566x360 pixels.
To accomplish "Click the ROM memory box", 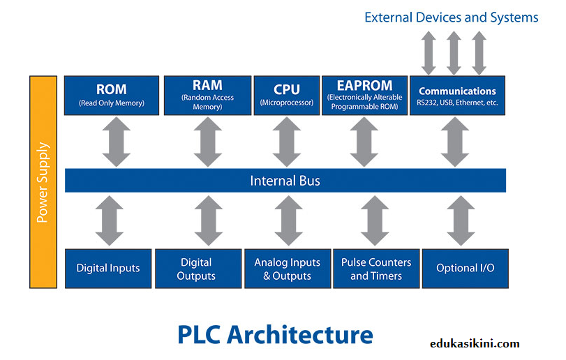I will (111, 96).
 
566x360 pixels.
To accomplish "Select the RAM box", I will (207, 96).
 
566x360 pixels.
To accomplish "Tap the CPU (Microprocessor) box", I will (287, 96).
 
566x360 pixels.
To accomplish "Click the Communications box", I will (457, 96).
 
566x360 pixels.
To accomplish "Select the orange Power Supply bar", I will (43, 182).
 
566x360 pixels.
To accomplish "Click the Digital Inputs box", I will (108, 268).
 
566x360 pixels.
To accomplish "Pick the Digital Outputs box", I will (196, 268).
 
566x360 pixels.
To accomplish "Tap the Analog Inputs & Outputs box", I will (287, 268).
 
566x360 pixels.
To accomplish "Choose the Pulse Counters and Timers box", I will (376, 268).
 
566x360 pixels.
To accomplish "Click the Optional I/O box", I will (465, 268).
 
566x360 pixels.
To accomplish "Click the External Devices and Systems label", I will (452, 17).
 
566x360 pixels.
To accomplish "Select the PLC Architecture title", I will (276, 333).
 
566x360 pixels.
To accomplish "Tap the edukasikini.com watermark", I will (474, 343).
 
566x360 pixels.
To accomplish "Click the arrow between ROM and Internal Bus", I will (112, 142).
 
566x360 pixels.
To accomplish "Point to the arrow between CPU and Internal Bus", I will (287, 142).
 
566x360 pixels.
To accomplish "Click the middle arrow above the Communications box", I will (454, 53).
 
